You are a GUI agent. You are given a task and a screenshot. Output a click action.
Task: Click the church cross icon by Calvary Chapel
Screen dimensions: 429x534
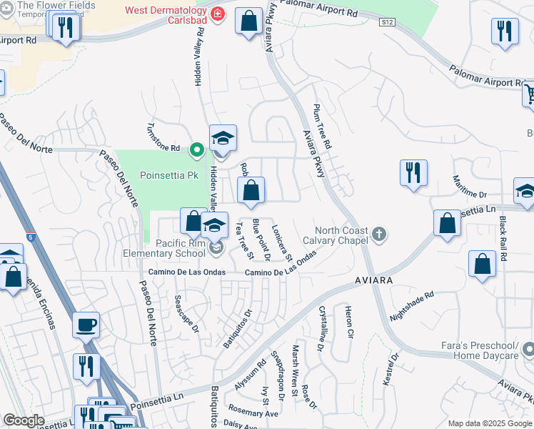click(x=379, y=233)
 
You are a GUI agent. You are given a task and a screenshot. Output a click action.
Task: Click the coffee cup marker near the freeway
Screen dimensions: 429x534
click(x=86, y=324)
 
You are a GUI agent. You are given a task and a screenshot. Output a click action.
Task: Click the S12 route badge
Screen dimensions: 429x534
click(x=387, y=23)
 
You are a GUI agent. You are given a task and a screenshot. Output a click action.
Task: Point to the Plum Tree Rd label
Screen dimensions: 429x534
click(x=323, y=127)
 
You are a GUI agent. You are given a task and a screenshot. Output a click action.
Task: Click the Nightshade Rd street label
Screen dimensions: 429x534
click(x=412, y=305)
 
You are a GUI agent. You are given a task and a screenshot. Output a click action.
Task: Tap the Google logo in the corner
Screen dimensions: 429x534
click(x=24, y=420)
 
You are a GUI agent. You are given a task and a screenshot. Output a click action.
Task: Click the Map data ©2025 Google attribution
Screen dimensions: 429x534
click(x=489, y=423)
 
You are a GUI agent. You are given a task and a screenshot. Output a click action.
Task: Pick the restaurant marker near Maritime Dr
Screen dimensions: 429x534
click(x=413, y=173)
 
